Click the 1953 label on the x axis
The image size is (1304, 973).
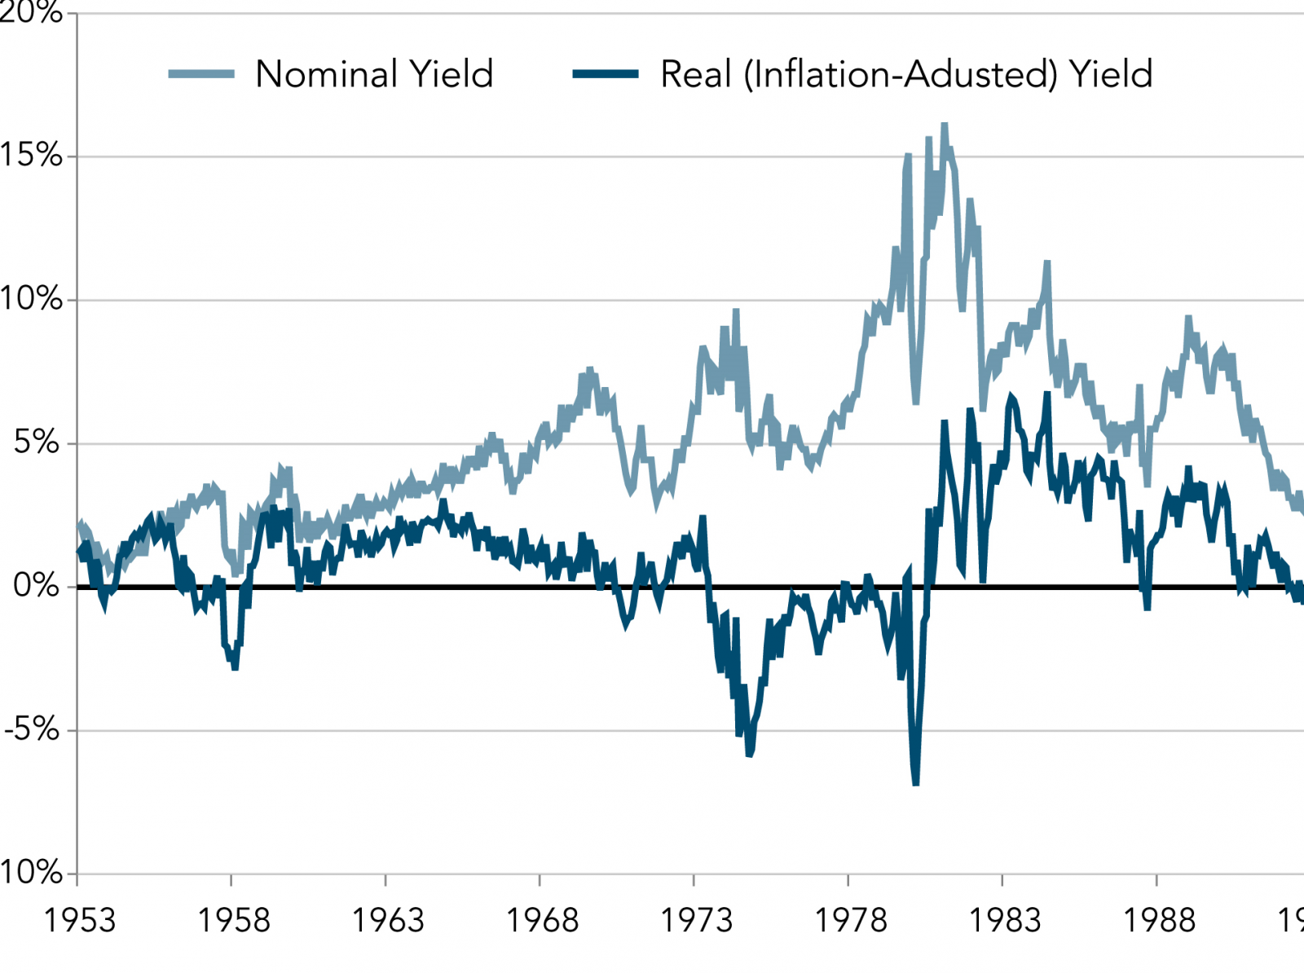[x=79, y=921]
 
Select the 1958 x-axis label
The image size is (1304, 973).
[x=234, y=921]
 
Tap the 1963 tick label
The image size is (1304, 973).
[x=388, y=921]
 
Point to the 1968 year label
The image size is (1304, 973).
[x=542, y=921]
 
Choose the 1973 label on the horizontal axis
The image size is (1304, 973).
[x=696, y=921]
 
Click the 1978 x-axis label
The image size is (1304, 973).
[x=851, y=921]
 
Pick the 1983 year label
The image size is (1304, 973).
[x=1005, y=921]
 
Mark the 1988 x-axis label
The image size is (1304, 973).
[x=1159, y=921]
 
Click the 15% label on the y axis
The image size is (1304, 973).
[x=31, y=155]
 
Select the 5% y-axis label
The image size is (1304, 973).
[x=37, y=442]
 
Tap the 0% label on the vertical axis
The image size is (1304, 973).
[x=37, y=586]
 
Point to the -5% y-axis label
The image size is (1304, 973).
[x=32, y=729]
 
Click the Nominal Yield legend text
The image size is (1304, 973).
[x=374, y=74]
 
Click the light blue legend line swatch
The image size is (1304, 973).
[x=201, y=74]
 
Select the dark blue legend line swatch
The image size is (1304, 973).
[x=606, y=74]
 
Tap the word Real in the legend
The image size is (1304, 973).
[x=695, y=74]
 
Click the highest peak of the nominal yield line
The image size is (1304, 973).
[x=945, y=125]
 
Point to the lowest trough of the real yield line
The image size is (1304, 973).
[x=916, y=783]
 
